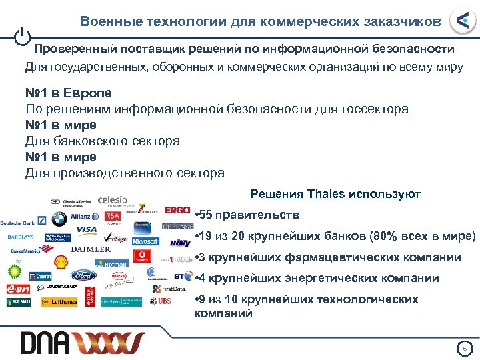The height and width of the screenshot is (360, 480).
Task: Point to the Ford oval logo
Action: coord(84,275)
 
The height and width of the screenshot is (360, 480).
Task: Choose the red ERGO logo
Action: coord(178,210)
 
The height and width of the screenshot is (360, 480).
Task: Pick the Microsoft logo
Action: coord(145,241)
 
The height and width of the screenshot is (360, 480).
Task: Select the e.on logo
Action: coord(18,288)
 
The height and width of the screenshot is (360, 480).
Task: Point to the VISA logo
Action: coord(87,230)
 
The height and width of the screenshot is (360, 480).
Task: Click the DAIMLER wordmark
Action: coord(91,249)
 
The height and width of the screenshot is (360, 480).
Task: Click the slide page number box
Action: coord(465,348)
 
